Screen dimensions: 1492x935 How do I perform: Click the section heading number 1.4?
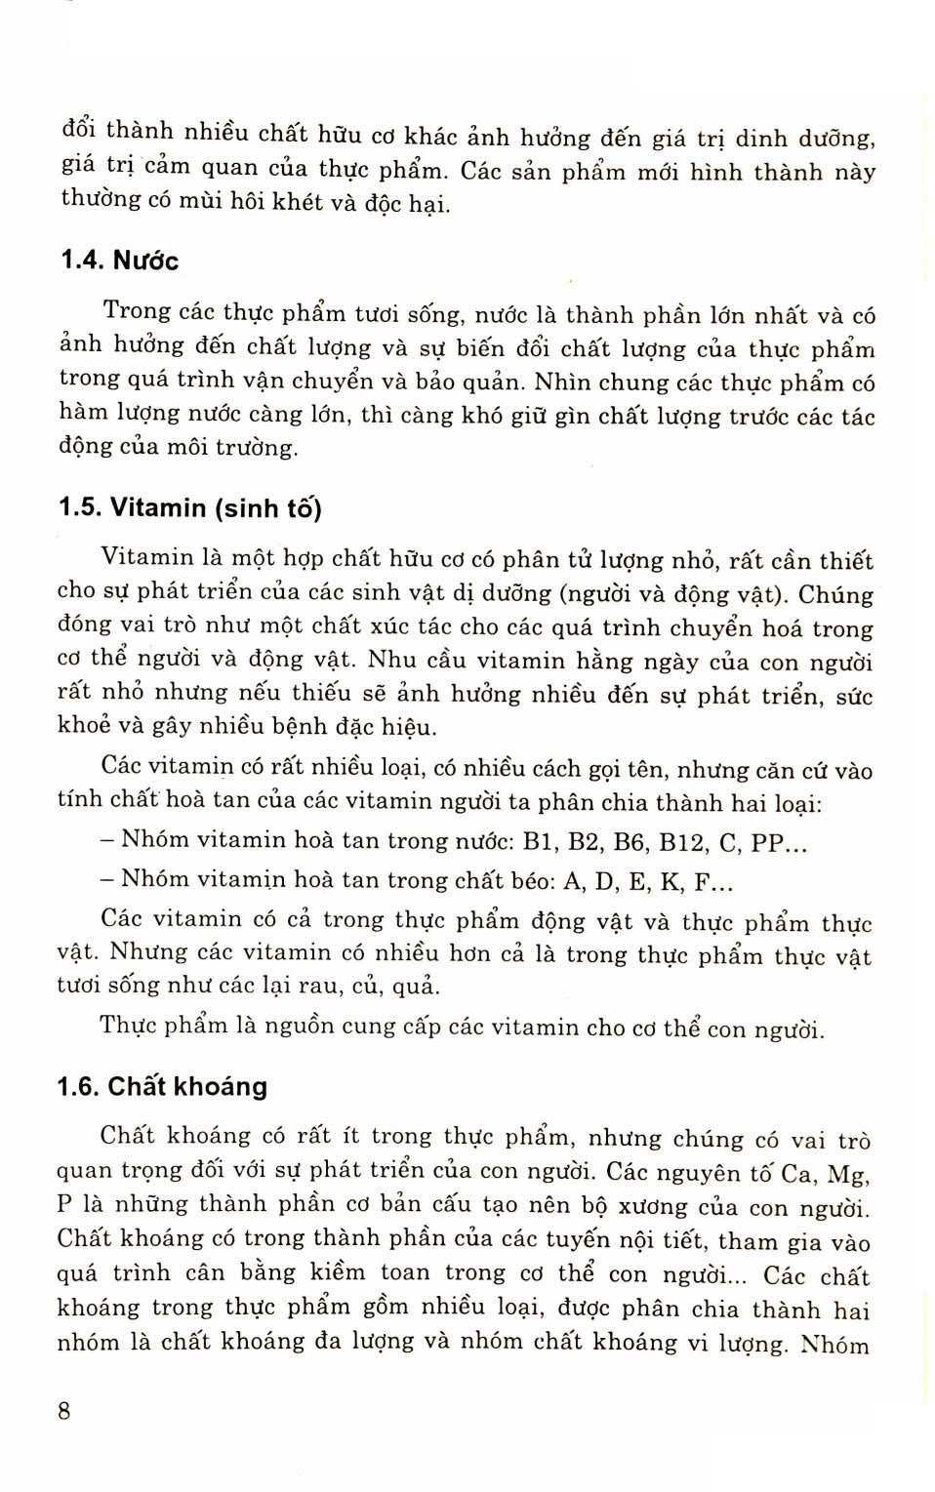tap(83, 261)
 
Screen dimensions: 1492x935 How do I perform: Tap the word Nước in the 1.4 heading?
tap(146, 261)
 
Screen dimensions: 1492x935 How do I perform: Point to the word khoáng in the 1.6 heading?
tap(223, 1086)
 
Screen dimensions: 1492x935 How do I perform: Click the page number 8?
tap(64, 1410)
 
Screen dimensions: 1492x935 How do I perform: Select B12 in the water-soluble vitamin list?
tap(683, 842)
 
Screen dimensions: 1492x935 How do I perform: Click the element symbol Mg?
tap(848, 1175)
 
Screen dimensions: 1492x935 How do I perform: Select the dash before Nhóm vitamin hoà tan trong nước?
tap(107, 840)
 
